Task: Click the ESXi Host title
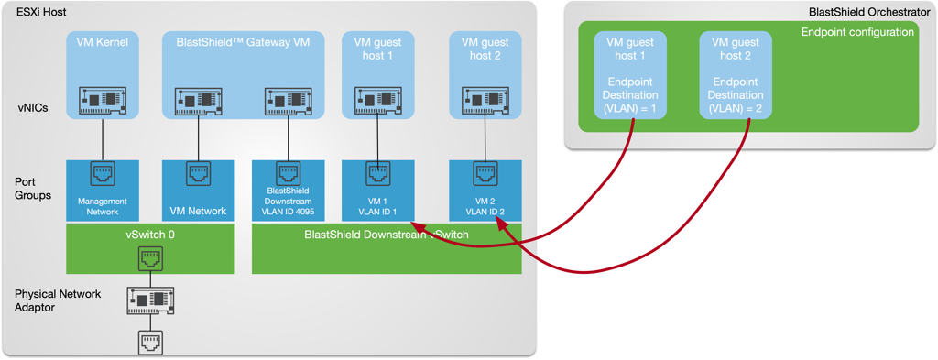[41, 12]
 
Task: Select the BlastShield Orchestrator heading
[869, 12]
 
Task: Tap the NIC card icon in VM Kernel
[102, 100]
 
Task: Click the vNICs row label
[32, 108]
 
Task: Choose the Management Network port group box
[103, 191]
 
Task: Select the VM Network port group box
[199, 191]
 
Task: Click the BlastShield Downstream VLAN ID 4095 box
[288, 191]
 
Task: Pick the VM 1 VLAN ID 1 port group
[377, 191]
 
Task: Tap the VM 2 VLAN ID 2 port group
[485, 191]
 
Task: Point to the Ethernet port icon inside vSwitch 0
[150, 259]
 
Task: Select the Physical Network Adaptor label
[57, 300]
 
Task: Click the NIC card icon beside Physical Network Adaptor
[150, 300]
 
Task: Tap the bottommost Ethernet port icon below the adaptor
[150, 343]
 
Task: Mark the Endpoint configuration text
[857, 32]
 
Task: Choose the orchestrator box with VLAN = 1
[630, 75]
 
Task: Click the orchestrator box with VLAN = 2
[735, 75]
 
